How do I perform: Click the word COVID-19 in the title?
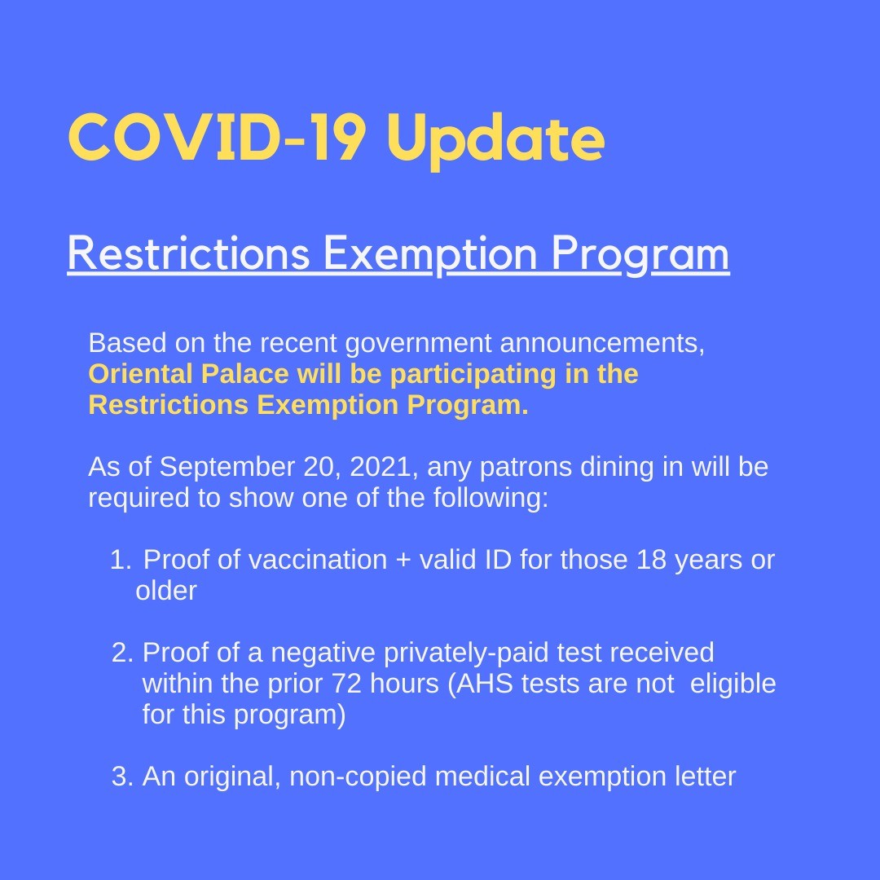pyautogui.click(x=218, y=137)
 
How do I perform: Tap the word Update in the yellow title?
pyautogui.click(x=495, y=140)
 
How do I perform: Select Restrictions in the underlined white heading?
pyautogui.click(x=188, y=253)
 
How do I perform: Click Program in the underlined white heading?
pyautogui.click(x=640, y=255)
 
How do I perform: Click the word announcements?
pyautogui.click(x=602, y=344)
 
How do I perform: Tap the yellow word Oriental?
pyautogui.click(x=141, y=373)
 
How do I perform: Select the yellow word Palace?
pyautogui.click(x=244, y=373)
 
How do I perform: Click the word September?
pyautogui.click(x=227, y=468)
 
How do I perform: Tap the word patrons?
pyautogui.click(x=527, y=469)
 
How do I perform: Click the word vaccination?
pyautogui.click(x=318, y=560)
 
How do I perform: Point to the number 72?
pyautogui.click(x=347, y=684)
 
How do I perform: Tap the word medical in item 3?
pyautogui.click(x=482, y=777)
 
